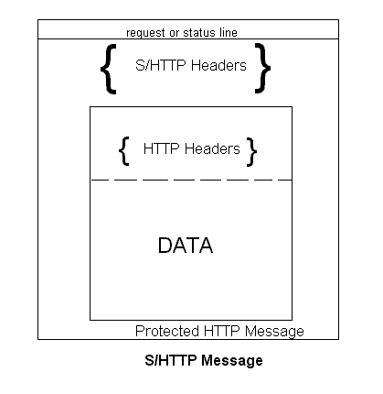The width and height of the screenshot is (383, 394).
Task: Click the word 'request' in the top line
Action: tap(145, 33)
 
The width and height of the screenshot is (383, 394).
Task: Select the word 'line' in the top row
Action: tap(229, 32)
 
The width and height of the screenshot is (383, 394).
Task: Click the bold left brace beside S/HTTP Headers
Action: tap(109, 69)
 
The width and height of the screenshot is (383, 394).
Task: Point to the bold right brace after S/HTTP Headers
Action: tap(262, 68)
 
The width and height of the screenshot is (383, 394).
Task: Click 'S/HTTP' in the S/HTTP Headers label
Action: tap(160, 65)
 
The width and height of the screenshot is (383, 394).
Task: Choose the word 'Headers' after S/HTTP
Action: tap(218, 65)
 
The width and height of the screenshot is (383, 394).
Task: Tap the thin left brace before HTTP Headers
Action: tap(123, 151)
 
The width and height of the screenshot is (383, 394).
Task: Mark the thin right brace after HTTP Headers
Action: tap(251, 152)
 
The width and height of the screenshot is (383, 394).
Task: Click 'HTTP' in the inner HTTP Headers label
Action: tap(161, 148)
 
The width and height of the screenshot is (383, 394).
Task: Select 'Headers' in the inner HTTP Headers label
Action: tap(212, 148)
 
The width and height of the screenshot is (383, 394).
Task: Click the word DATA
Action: tap(186, 246)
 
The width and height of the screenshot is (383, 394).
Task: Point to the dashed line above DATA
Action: tap(191, 180)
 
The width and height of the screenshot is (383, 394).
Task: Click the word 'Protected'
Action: tap(167, 331)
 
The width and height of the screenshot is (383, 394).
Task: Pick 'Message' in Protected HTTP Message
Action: tap(274, 332)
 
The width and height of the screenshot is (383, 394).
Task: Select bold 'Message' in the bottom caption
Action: tap(232, 361)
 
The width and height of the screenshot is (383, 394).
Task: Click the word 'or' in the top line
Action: tap(174, 33)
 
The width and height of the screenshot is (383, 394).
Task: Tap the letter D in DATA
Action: tap(165, 246)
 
